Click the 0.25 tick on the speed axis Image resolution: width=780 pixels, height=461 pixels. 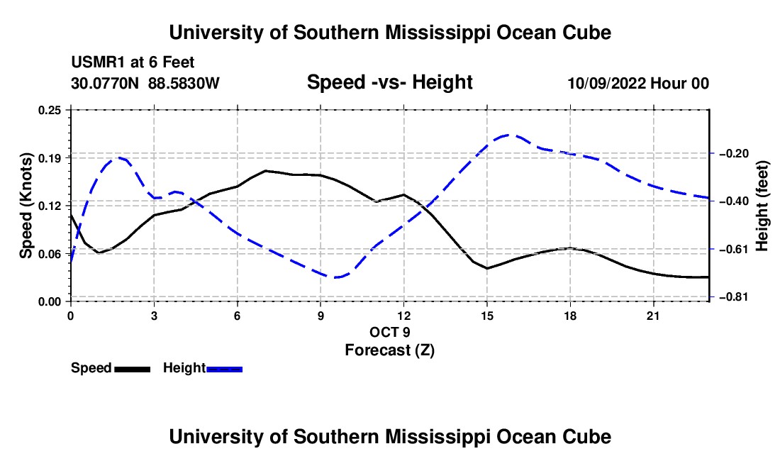pos(49,110)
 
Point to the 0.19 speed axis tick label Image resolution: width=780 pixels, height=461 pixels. pos(49,158)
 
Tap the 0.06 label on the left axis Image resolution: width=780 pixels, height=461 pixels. pos(49,254)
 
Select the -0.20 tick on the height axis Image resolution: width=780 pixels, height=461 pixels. pos(734,153)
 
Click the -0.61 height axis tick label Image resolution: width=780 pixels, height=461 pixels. pos(734,249)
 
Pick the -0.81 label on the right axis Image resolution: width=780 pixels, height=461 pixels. pos(734,297)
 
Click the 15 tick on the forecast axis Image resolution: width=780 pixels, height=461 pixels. pos(487,316)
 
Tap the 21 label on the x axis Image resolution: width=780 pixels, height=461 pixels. pos(653,316)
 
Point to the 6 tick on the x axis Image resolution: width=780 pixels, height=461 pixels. pos(238,316)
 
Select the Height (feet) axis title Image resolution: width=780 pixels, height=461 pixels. pos(762,206)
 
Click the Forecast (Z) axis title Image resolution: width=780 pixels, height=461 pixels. pos(390,350)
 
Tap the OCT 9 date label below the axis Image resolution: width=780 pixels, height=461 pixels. pos(390,332)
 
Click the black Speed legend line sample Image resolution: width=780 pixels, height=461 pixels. pos(133,369)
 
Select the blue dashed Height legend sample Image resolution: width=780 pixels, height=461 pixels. pos(224,369)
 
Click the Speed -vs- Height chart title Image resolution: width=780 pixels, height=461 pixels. pos(390,82)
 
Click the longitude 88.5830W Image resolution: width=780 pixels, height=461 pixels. pos(184,83)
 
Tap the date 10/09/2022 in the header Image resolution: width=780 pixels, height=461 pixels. pos(606,83)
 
